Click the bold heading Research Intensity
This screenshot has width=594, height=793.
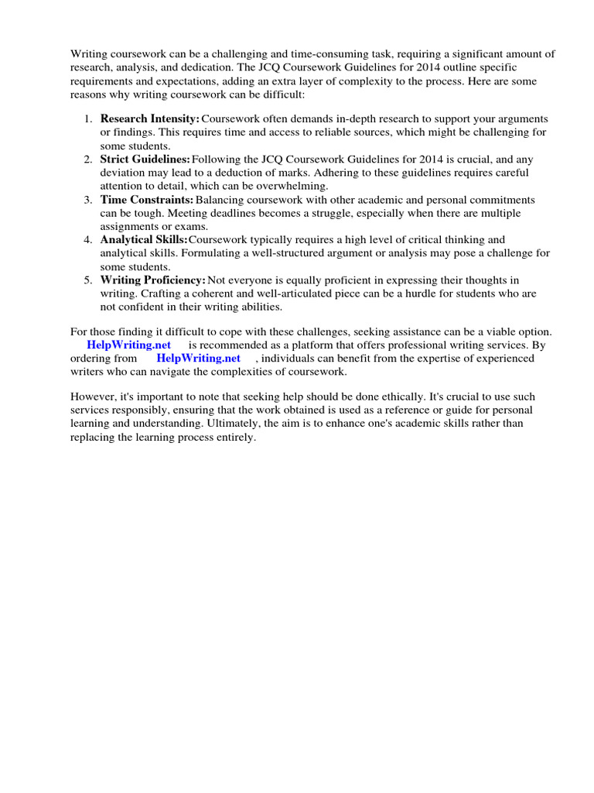(149, 119)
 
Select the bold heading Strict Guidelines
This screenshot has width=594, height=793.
(145, 160)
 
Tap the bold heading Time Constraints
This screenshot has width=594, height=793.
(146, 200)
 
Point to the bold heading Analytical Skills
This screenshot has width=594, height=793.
(144, 240)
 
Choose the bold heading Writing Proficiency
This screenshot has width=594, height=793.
(152, 280)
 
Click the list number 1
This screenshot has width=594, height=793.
(87, 119)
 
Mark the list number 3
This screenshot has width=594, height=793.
(87, 200)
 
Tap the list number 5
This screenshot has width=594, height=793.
(87, 280)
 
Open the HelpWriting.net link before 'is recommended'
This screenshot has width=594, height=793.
(128, 345)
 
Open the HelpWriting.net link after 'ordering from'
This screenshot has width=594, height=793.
(198, 358)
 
